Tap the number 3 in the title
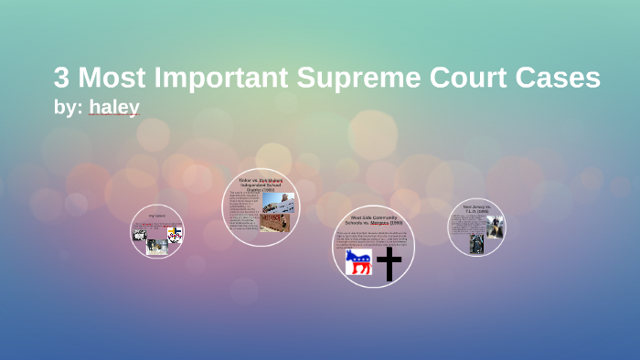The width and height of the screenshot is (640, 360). click(x=62, y=79)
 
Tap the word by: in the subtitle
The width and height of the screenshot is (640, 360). click(x=69, y=108)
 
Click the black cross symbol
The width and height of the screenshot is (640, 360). click(x=389, y=264)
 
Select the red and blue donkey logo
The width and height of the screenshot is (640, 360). click(x=358, y=263)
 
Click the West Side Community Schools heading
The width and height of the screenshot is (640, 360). click(x=373, y=220)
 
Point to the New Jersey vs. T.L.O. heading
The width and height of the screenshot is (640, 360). click(x=476, y=209)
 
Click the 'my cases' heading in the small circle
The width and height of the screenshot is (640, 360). click(x=156, y=217)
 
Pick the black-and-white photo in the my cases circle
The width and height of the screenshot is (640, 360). click(x=140, y=235)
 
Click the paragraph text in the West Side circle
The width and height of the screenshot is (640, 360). click(x=373, y=238)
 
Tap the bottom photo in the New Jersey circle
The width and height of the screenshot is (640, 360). click(x=476, y=243)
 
